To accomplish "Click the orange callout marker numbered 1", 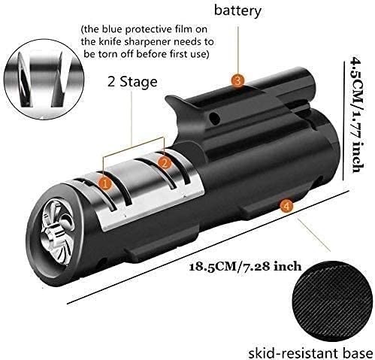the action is [x=105, y=184].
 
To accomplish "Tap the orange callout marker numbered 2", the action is [x=165, y=164].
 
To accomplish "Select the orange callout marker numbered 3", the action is [x=237, y=80].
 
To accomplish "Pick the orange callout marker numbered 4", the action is [x=286, y=206].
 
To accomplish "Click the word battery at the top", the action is [x=237, y=11].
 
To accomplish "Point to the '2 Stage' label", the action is [x=132, y=82].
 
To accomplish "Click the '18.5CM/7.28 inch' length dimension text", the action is [x=245, y=266].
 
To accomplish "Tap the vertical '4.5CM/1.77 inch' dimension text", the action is [x=358, y=115].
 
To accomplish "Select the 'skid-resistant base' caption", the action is [x=310, y=352].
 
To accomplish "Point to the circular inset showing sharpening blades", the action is [x=44, y=80].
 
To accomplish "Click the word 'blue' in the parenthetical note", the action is [x=112, y=29].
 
